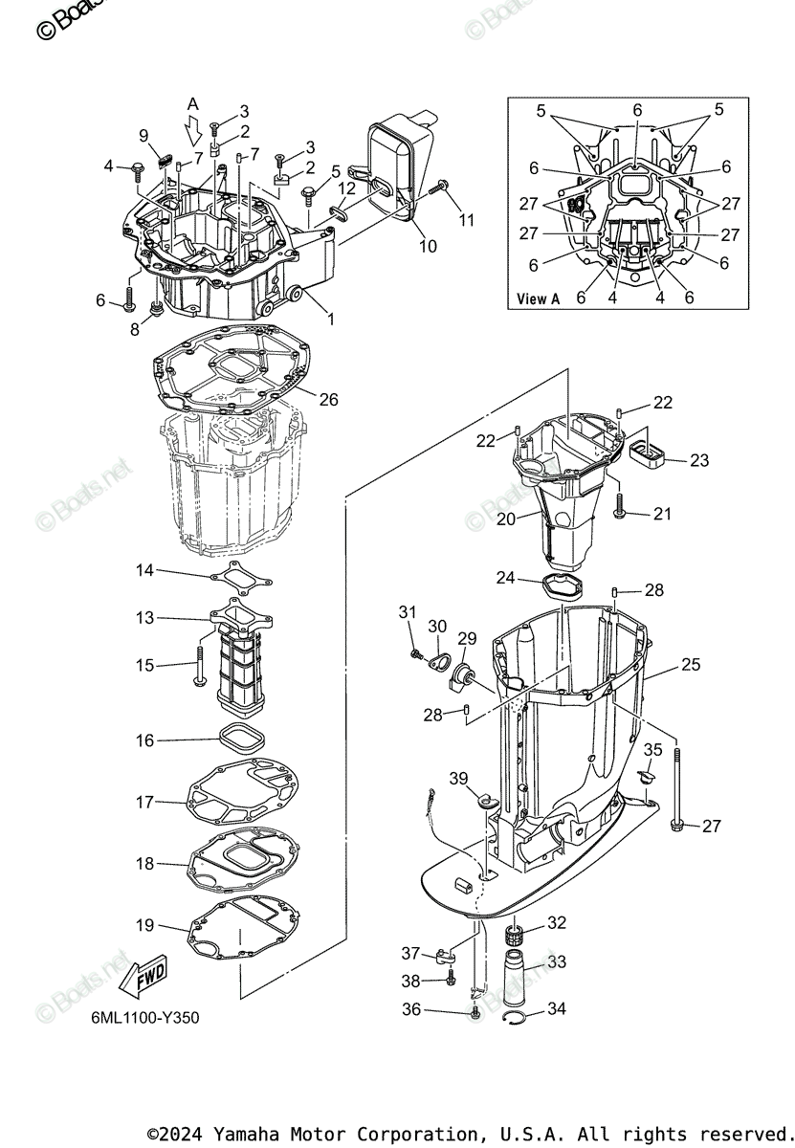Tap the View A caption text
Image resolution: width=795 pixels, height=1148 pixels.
click(x=538, y=298)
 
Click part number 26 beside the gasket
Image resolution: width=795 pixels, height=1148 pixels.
click(x=328, y=400)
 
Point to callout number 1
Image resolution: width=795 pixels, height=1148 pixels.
click(x=330, y=320)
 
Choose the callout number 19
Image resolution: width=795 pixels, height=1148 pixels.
click(x=144, y=926)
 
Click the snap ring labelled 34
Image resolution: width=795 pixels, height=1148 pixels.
click(x=518, y=1020)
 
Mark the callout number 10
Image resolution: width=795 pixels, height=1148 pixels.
click(x=428, y=246)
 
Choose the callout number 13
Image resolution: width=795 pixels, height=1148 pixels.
click(x=144, y=618)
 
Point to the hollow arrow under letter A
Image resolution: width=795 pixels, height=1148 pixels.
click(x=194, y=128)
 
